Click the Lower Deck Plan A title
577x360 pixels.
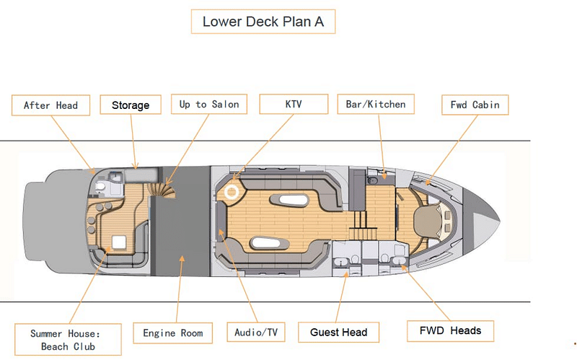click(263, 22)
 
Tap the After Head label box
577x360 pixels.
click(50, 105)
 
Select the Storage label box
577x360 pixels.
click(131, 105)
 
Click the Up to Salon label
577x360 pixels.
click(209, 104)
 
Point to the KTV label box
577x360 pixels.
click(294, 104)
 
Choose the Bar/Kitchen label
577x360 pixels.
click(376, 104)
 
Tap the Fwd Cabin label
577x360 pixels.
click(475, 105)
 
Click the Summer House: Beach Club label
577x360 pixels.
click(68, 340)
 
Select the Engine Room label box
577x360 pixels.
click(173, 333)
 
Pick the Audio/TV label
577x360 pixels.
click(256, 333)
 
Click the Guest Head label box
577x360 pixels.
click(338, 333)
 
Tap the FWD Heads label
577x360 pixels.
click(450, 331)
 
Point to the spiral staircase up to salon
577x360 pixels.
click(162, 190)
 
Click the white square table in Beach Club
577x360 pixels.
click(119, 242)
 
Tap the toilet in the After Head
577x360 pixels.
click(100, 186)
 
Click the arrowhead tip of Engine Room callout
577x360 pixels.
click(182, 257)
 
